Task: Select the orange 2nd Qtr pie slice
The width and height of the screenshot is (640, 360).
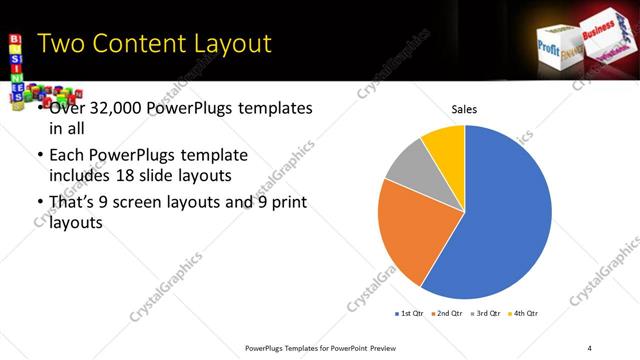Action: tap(410, 235)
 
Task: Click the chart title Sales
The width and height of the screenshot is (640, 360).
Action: tap(464, 109)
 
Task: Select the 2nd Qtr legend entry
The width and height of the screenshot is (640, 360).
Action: tap(445, 314)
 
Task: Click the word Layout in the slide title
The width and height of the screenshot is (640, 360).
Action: tap(225, 43)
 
